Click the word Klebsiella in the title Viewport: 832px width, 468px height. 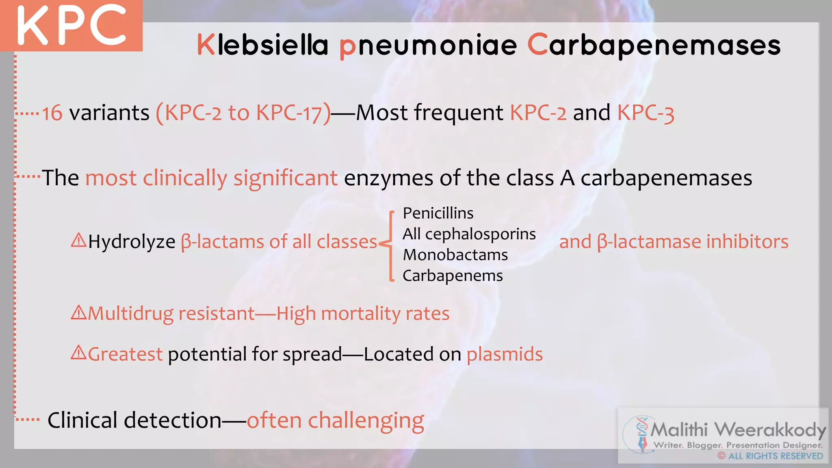point(262,45)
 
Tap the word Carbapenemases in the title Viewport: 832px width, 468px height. point(654,45)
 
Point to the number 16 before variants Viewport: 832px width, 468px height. point(52,113)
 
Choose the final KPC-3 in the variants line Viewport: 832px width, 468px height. point(646,113)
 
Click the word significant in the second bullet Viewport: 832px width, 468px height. point(285,178)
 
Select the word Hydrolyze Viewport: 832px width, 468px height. point(132,242)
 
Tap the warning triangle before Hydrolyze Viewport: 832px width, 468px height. point(78,240)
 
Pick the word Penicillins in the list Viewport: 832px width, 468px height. point(438,213)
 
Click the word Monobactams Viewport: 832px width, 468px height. point(455,255)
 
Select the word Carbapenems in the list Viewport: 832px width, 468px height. point(453,276)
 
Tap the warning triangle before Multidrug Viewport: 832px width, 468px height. point(78,312)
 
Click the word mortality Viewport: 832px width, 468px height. point(361,314)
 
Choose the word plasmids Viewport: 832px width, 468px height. point(505,354)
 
